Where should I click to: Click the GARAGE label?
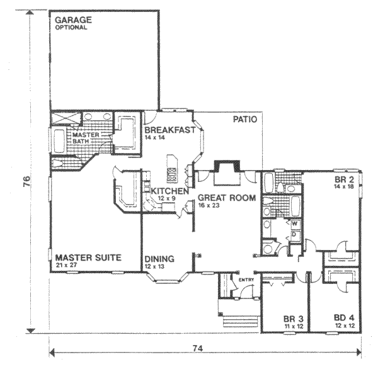(72, 20)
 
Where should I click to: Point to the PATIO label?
(244, 119)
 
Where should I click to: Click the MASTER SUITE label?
(88, 258)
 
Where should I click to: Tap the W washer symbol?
(294, 224)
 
